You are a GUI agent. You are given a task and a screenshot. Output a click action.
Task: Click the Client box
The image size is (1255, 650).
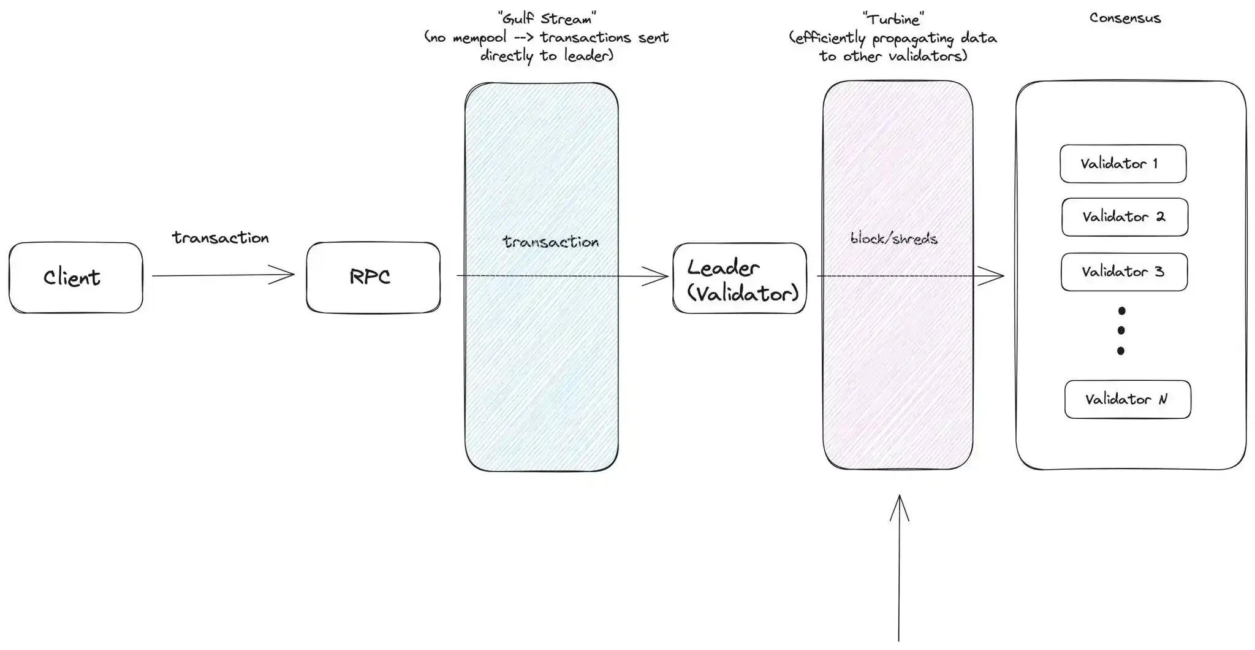[75, 278]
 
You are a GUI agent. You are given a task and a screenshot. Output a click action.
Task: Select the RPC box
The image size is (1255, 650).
[373, 277]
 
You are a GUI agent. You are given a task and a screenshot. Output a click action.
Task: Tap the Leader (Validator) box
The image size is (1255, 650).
[740, 279]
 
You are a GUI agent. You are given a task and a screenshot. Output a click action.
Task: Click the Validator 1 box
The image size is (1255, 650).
[1123, 164]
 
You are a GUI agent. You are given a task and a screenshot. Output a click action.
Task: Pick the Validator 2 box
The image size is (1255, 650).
[1124, 217]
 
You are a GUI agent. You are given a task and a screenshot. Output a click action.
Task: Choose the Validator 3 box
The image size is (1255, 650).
[1124, 272]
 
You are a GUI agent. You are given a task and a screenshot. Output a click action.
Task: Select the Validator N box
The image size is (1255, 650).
[1128, 400]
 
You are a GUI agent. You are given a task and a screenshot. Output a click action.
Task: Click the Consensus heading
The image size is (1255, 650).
[1125, 18]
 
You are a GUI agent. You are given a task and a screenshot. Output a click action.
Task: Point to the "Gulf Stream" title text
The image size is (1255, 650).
[547, 18]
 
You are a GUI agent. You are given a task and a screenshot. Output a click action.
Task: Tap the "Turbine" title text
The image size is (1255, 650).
[893, 19]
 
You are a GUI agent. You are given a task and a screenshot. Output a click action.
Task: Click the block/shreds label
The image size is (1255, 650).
[893, 239]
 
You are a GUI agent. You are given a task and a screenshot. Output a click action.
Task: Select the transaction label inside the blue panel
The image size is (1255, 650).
[550, 242]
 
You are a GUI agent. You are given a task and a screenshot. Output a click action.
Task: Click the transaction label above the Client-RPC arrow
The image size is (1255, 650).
[221, 238]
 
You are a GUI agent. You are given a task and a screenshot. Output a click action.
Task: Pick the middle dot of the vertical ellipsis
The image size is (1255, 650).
[1121, 331]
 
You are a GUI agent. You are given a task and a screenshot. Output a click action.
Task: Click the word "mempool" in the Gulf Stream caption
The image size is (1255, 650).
[480, 38]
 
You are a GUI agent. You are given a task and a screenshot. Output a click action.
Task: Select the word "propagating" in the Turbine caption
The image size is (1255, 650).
[913, 39]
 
